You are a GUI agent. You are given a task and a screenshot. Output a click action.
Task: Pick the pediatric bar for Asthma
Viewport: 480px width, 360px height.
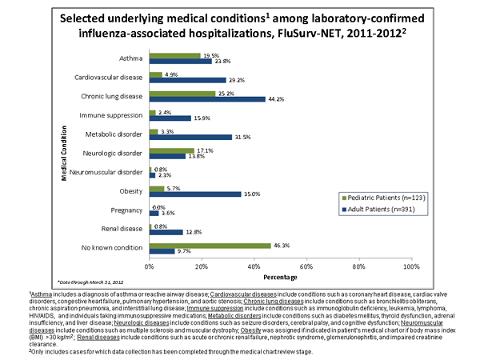174,56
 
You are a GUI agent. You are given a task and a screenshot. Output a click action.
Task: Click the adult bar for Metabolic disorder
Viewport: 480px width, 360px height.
190,136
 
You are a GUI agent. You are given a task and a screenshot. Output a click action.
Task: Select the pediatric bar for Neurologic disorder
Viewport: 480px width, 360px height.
171,150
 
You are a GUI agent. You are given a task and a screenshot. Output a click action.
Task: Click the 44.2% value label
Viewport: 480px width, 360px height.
276,99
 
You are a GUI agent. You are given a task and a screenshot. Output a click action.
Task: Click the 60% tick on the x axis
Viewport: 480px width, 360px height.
306,265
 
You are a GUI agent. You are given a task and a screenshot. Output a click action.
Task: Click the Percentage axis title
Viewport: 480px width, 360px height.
279,277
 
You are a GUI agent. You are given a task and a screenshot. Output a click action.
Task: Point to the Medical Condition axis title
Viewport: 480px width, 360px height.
64,152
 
